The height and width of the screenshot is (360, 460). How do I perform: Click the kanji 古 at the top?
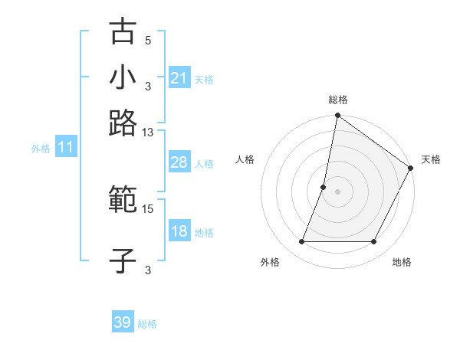(123, 32)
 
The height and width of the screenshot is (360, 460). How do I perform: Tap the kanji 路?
(123, 122)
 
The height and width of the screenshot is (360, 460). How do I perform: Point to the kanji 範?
(123, 200)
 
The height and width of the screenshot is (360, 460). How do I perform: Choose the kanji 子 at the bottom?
(123, 260)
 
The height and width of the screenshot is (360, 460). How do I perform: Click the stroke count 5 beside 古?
(148, 41)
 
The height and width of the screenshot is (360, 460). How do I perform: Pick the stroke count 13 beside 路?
(148, 133)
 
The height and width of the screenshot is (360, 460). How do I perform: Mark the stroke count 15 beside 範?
(148, 208)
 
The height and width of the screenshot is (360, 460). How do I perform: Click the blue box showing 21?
(179, 78)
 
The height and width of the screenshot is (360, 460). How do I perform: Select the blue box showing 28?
(179, 162)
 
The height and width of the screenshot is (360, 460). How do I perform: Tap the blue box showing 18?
(179, 231)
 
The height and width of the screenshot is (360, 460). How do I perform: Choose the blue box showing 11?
(65, 148)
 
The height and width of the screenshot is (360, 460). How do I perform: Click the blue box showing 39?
(122, 322)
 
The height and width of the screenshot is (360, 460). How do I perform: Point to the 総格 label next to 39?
(147, 324)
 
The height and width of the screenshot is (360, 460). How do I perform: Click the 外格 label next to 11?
(41, 149)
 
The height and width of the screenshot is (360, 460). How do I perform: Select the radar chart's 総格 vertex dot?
(337, 116)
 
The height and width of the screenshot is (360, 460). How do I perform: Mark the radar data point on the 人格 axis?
(324, 187)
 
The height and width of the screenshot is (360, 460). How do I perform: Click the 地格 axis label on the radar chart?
(402, 263)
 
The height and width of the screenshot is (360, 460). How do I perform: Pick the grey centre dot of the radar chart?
(337, 191)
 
